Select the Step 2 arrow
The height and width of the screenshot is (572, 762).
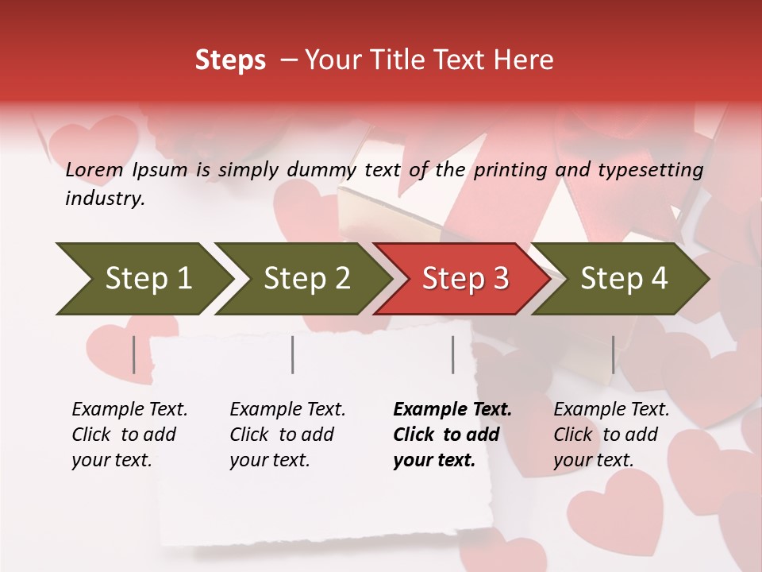[x=306, y=279]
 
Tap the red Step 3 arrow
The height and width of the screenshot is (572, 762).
[x=464, y=279]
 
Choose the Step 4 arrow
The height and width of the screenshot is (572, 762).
[x=623, y=279]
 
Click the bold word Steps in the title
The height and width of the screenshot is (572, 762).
[x=230, y=60]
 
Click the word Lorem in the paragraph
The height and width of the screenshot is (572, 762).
[x=94, y=169]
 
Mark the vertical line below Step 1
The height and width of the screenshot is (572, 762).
[x=134, y=354]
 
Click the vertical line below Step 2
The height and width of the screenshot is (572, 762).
[x=293, y=354]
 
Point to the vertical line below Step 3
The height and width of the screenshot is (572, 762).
[x=452, y=354]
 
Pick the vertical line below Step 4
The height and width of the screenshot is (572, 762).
[x=613, y=354]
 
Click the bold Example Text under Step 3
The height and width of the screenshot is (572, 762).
[x=452, y=409]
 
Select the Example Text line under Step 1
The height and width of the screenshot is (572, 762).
[x=129, y=409]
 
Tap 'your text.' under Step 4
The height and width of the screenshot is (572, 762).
[x=593, y=460]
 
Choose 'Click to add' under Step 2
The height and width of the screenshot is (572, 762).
[x=282, y=435]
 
